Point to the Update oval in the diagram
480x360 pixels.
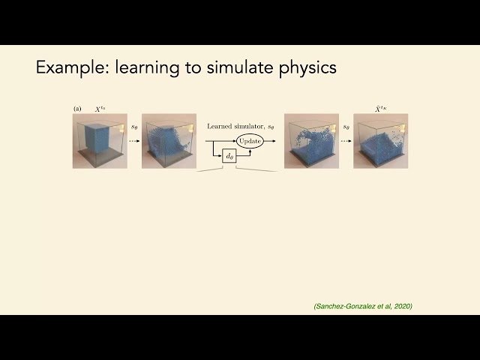(x=250, y=141)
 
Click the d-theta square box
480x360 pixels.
(x=229, y=156)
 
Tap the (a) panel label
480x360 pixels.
(x=77, y=109)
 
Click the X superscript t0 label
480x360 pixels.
(x=99, y=109)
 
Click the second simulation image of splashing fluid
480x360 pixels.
(x=169, y=141)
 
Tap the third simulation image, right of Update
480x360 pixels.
(x=311, y=141)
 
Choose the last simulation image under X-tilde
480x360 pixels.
(x=381, y=141)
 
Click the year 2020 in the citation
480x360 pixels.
(x=400, y=306)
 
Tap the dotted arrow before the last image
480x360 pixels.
(x=346, y=141)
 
